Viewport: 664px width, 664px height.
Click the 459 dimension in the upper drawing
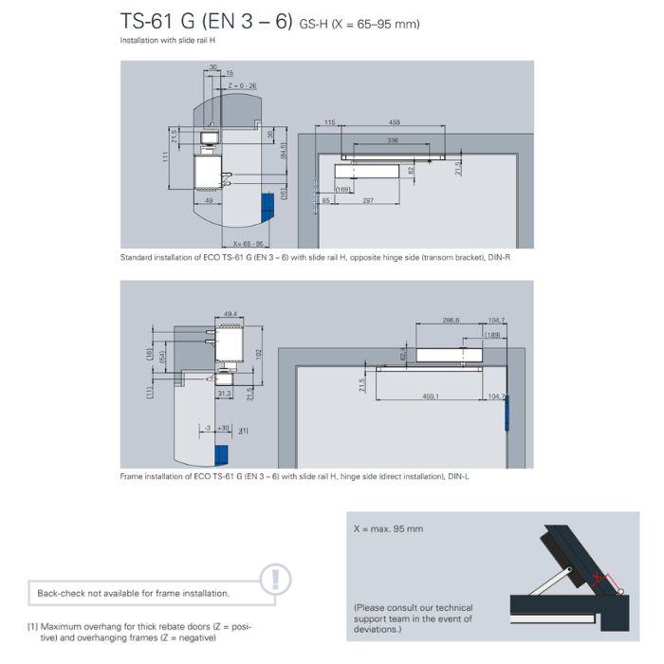click(393, 123)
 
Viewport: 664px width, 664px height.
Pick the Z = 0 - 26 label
click(243, 84)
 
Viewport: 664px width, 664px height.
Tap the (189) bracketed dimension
click(493, 335)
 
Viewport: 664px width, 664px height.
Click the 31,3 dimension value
click(224, 392)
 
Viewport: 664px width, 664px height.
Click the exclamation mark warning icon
click(275, 578)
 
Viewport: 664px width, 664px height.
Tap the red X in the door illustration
click(597, 578)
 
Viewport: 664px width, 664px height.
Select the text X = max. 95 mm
click(388, 529)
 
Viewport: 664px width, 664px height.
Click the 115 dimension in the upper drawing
click(329, 123)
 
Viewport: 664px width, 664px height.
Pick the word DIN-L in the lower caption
click(459, 476)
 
